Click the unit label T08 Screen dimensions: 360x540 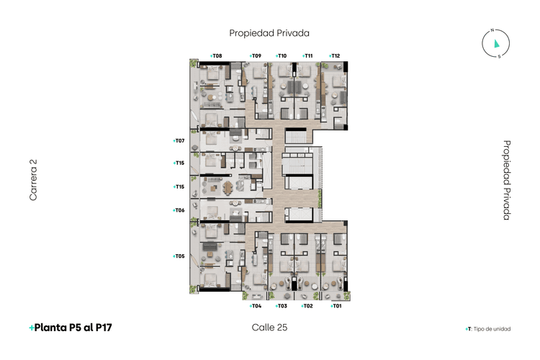pyautogui.click(x=216, y=55)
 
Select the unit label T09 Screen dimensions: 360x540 pyautogui.click(x=255, y=55)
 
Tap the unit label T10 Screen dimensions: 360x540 pyautogui.click(x=282, y=55)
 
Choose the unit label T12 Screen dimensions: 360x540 pyautogui.click(x=334, y=55)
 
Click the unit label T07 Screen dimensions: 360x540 pyautogui.click(x=179, y=140)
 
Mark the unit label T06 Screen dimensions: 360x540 pyautogui.click(x=179, y=210)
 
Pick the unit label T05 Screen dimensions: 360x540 pyautogui.click(x=179, y=256)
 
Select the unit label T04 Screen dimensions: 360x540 pyautogui.click(x=255, y=306)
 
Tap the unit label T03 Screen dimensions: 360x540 pyautogui.click(x=282, y=306)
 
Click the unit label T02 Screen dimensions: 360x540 pyautogui.click(x=307, y=306)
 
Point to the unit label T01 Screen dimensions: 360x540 pyautogui.click(x=336, y=306)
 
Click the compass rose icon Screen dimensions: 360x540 pyautogui.click(x=496, y=44)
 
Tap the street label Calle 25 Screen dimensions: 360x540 pyautogui.click(x=270, y=328)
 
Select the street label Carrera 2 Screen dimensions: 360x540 pyautogui.click(x=33, y=180)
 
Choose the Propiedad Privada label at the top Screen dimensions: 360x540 pyautogui.click(x=269, y=32)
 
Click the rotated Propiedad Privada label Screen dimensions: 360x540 pyautogui.click(x=507, y=180)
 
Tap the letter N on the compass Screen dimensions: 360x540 pyautogui.click(x=492, y=30)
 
